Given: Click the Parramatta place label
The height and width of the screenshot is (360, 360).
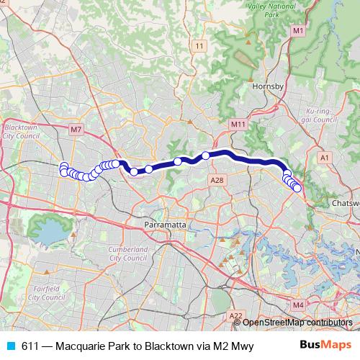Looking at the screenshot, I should [x=166, y=225].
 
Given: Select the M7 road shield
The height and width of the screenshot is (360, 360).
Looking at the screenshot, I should [x=77, y=130].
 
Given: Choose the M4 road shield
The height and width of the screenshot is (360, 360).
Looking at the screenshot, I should [x=299, y=305].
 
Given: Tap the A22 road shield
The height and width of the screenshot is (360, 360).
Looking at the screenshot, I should [x=235, y=315].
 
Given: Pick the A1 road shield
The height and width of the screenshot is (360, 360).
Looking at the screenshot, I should [x=325, y=156].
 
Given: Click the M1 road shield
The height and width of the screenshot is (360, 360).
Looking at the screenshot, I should [x=298, y=30].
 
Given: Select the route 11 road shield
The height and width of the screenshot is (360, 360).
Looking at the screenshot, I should [x=199, y=46].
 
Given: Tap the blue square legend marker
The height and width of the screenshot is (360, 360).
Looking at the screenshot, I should [x=10, y=346].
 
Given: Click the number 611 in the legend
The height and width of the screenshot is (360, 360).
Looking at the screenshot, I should [x=31, y=346].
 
